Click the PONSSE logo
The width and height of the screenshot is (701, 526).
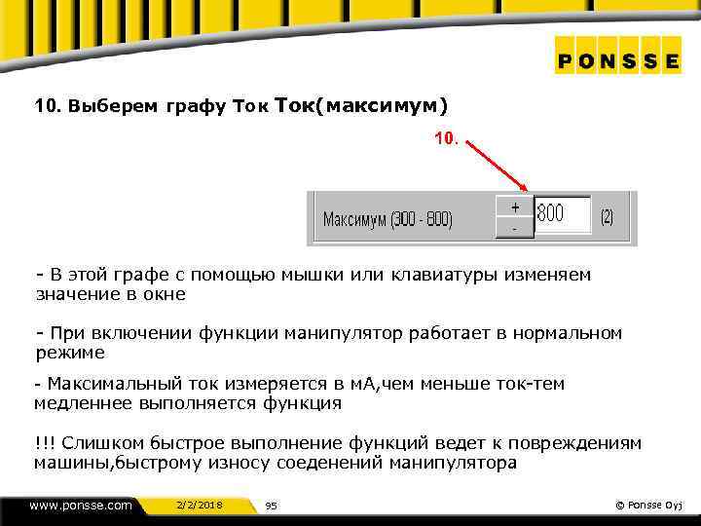(618, 60)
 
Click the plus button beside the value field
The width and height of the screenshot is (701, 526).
(515, 207)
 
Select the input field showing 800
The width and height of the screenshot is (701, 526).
(563, 214)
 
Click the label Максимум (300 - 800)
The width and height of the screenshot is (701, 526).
(387, 219)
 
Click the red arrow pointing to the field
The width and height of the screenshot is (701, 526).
(498, 167)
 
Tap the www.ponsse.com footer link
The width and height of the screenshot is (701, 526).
(81, 505)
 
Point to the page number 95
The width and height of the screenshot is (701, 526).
(272, 506)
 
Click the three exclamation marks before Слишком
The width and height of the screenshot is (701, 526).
(45, 443)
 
